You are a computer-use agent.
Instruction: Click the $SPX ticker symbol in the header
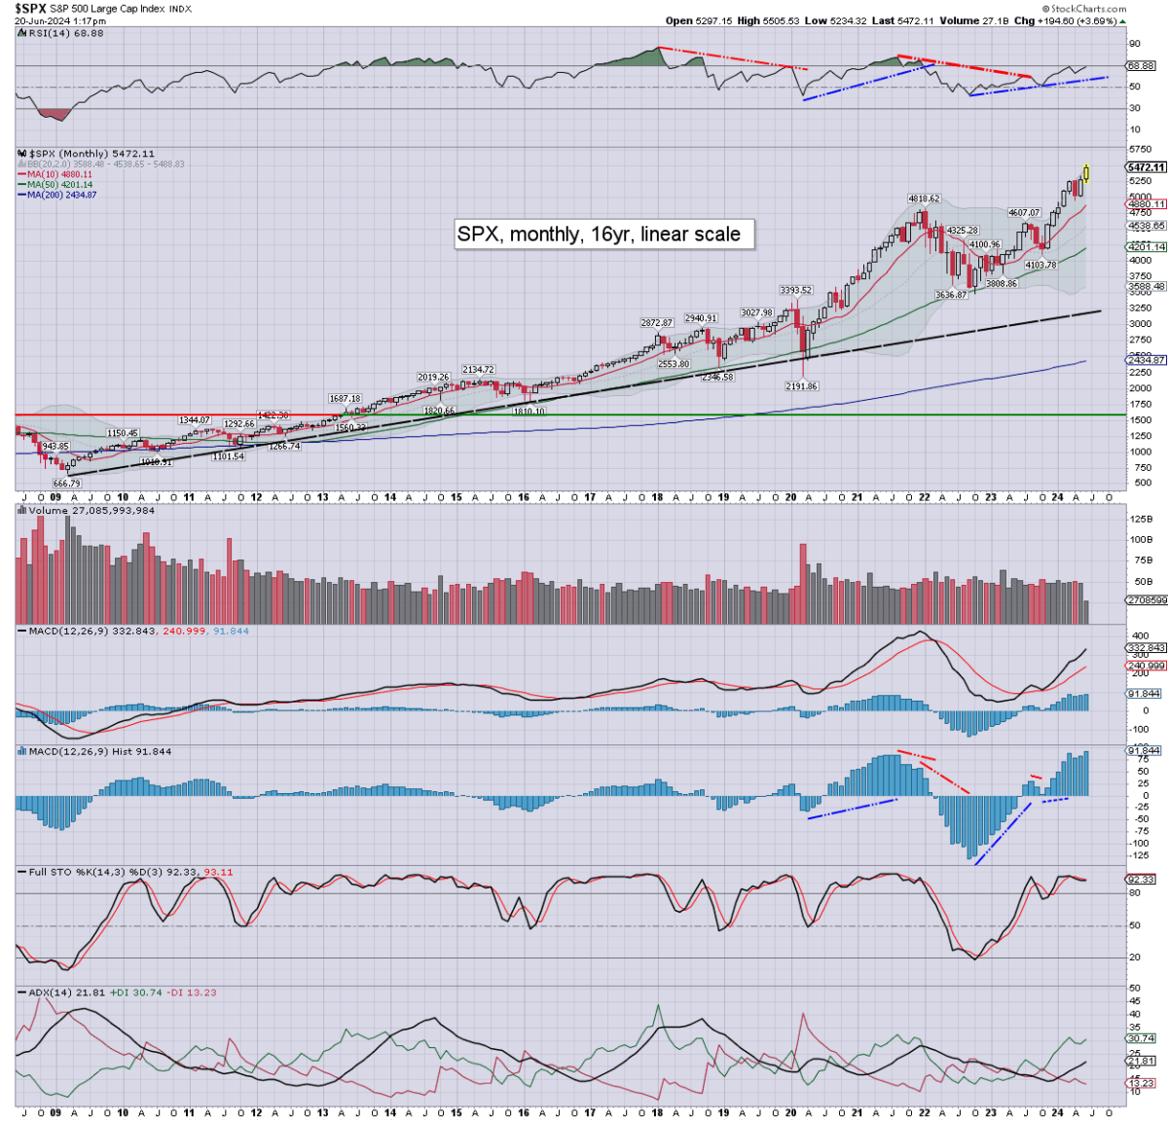tap(30, 8)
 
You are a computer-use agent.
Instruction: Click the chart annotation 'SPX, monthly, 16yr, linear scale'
tap(599, 234)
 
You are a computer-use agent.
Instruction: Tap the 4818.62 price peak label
tap(924, 199)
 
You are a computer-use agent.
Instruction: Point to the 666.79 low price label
tap(67, 484)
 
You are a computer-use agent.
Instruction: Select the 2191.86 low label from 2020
tap(802, 386)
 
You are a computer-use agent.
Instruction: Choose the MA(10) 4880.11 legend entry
tap(59, 174)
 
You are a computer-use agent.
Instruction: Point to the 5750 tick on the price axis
tap(1140, 149)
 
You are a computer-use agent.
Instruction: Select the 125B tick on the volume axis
tap(1141, 519)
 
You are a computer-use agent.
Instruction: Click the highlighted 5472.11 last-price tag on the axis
tap(1146, 167)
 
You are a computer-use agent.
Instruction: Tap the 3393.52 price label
tap(795, 290)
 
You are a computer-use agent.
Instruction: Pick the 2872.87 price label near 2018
tap(657, 322)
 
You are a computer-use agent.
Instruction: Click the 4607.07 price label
tap(1024, 212)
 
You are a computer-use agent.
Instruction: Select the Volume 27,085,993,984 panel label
tap(91, 510)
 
